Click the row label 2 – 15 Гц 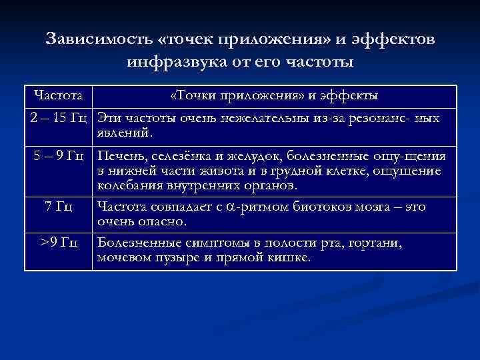tap(59, 119)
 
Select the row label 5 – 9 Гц tap(59, 157)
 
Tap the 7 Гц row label tap(59, 207)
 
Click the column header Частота tap(58, 96)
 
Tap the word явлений tap(125, 133)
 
